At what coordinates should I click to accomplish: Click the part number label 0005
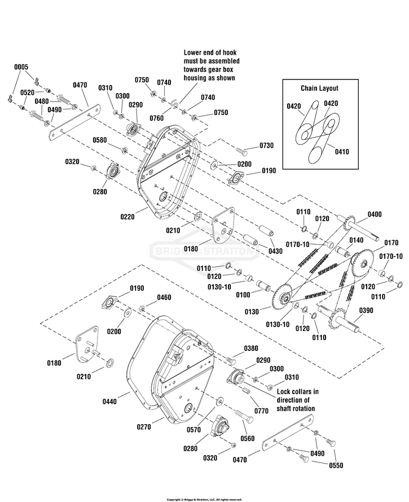pos(21,67)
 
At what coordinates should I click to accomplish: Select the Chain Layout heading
pos(320,89)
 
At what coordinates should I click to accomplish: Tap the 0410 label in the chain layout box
pos(342,151)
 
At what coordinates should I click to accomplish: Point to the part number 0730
pos(266,146)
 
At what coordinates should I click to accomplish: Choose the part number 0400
pos(374,214)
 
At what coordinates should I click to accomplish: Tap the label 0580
pos(100,140)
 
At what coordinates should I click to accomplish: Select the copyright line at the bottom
pos(204,499)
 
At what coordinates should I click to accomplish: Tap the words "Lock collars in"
pos(297,391)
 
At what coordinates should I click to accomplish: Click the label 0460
pos(164,297)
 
